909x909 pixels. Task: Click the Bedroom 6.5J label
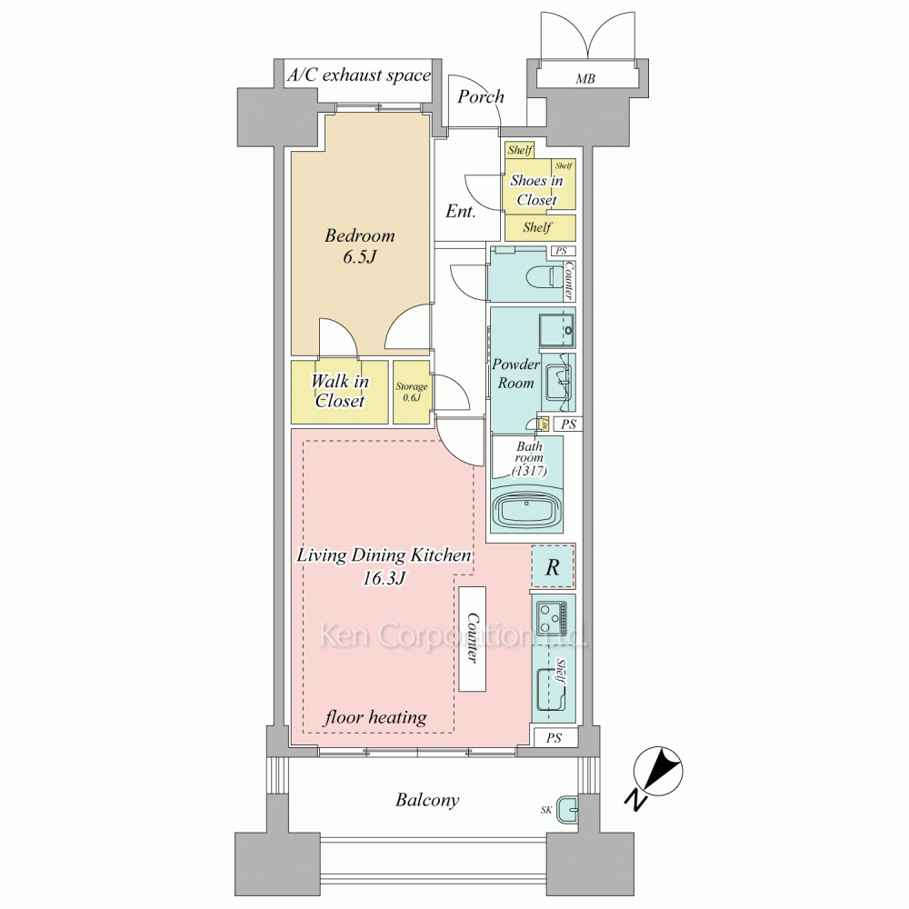click(x=359, y=245)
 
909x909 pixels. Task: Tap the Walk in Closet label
click(x=340, y=391)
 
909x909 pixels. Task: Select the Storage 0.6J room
click(x=412, y=392)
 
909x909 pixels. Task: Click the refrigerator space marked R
click(x=553, y=567)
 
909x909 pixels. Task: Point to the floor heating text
click(x=375, y=718)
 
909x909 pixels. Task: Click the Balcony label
click(x=427, y=800)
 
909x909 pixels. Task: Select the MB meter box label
click(x=585, y=78)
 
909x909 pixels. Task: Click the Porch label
click(x=481, y=96)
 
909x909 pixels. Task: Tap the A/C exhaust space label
click(x=359, y=75)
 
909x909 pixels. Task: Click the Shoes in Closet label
click(x=537, y=190)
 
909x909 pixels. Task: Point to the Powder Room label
click(x=516, y=374)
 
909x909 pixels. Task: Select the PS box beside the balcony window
click(x=554, y=738)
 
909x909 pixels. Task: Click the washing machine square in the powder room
click(x=556, y=329)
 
